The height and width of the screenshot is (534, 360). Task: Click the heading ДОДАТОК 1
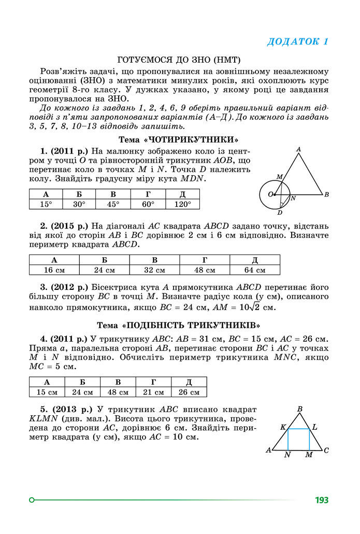(x=297, y=42)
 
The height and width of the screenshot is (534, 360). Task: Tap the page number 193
(x=321, y=500)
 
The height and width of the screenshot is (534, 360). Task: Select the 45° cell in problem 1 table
(x=113, y=204)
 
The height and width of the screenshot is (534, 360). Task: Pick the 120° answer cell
(x=182, y=204)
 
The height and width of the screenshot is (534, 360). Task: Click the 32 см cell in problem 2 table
(x=154, y=270)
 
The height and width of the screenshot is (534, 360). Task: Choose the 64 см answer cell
(x=255, y=270)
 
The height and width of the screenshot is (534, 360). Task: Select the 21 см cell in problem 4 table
(x=153, y=392)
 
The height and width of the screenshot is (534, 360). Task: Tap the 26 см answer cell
(x=189, y=392)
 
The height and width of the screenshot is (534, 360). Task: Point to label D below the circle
(x=280, y=213)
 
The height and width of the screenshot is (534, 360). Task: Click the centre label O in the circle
(x=270, y=194)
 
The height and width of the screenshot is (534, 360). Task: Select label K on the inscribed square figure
(x=283, y=428)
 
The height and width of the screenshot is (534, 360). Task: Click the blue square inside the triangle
(x=298, y=440)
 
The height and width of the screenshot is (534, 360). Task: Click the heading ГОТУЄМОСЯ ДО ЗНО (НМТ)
(x=180, y=60)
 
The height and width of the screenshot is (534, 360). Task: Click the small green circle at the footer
(x=32, y=500)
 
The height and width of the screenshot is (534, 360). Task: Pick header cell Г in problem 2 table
(x=205, y=260)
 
